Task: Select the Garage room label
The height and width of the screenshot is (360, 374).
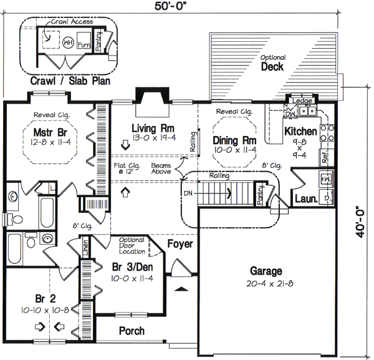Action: point(267,271)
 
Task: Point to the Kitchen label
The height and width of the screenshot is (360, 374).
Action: point(301,132)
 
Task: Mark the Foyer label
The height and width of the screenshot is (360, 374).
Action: point(180,244)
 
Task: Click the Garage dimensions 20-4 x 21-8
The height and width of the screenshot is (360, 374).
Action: point(267,285)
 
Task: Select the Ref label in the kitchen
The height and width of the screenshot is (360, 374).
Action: point(325,157)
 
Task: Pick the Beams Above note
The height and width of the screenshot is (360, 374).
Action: point(161,169)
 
